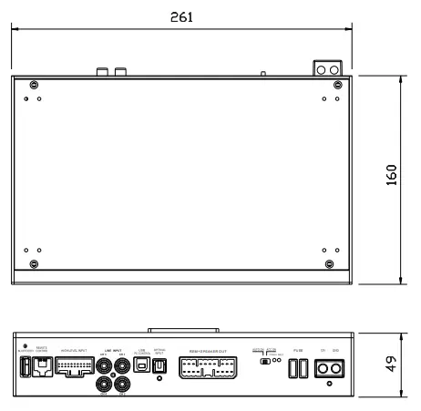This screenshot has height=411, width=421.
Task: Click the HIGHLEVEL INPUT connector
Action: pyautogui.click(x=75, y=366)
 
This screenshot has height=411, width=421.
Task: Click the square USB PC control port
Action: pyautogui.click(x=141, y=365)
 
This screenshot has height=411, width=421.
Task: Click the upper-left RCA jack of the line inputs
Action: pyautogui.click(x=103, y=364)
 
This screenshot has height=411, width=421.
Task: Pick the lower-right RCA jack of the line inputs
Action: pyautogui.click(x=121, y=383)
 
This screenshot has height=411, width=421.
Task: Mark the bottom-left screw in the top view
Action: pyautogui.click(x=35, y=264)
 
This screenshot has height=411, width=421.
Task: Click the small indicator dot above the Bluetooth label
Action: pyautogui.click(x=25, y=345)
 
